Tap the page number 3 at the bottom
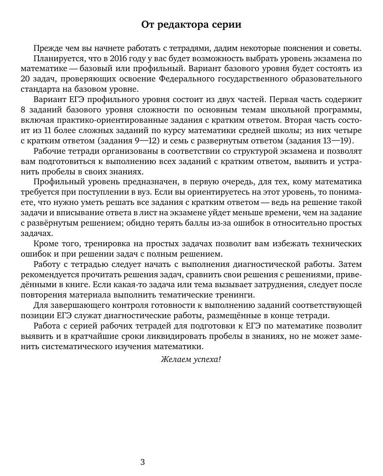tap(143, 462)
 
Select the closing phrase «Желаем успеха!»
tap(191, 359)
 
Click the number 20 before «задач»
tap(26, 79)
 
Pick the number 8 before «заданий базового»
tap(23, 110)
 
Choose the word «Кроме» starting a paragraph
tap(46, 243)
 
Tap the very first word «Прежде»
tap(48, 48)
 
